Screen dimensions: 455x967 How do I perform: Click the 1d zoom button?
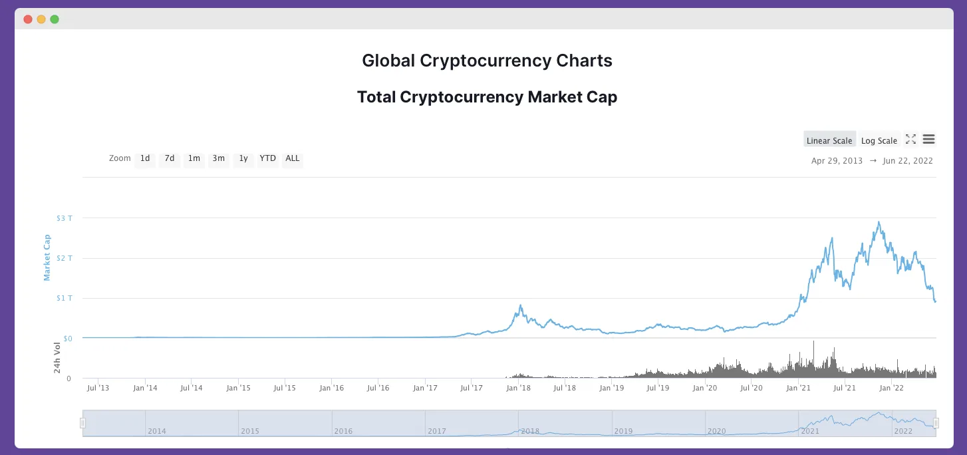(145, 159)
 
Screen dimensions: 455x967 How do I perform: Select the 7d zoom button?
(170, 159)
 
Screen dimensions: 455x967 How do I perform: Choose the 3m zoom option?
(219, 159)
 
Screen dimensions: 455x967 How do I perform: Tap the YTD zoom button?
(267, 159)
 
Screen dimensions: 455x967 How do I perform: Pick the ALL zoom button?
(293, 159)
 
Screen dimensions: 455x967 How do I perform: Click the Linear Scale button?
(829, 140)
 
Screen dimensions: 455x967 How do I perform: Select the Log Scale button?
(879, 140)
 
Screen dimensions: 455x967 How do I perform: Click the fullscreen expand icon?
(911, 140)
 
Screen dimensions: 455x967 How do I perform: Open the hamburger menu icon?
(929, 140)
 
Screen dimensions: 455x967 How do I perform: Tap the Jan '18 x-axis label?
(517, 388)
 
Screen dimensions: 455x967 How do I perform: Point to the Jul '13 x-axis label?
(98, 388)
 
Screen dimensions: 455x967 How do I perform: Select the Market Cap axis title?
(47, 257)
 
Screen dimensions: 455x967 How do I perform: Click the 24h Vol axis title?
(58, 357)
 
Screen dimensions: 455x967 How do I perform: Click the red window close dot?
(28, 19)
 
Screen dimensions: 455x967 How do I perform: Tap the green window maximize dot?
(55, 19)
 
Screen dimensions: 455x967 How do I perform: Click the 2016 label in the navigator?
(343, 431)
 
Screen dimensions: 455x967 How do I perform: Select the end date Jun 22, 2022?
(908, 161)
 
